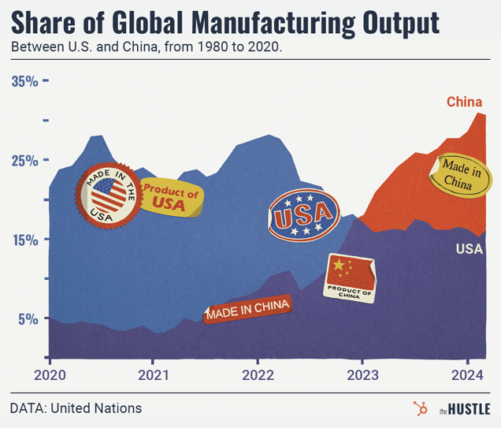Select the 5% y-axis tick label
point(28,319)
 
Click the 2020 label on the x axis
point(50,374)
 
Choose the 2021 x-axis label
point(153,374)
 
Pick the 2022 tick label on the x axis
point(258,374)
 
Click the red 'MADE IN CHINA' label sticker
point(247,310)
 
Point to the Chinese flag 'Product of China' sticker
point(350,277)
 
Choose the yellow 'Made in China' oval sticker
point(456,174)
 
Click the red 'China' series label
point(464,102)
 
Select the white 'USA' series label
point(469,249)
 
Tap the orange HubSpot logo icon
point(420,408)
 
